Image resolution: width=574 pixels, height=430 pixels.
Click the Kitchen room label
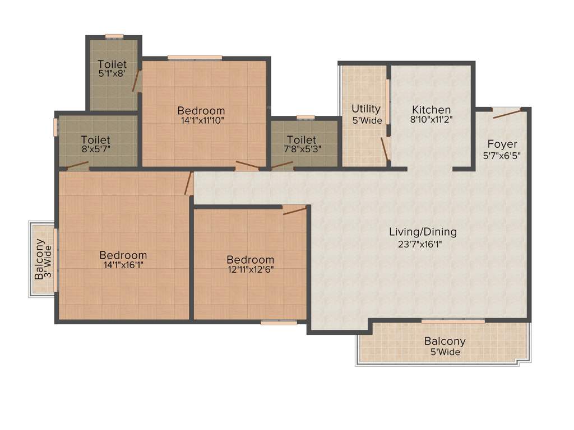[x=431, y=110]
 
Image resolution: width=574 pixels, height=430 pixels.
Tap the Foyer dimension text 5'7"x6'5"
[x=502, y=156]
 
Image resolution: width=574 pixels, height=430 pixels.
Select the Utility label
[x=366, y=109]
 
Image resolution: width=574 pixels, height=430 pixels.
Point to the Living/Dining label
[x=423, y=231]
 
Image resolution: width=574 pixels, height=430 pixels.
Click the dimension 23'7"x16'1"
[x=423, y=244]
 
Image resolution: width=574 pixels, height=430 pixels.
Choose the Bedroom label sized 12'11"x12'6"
[x=251, y=260]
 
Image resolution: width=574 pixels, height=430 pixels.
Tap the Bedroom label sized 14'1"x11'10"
[x=201, y=110]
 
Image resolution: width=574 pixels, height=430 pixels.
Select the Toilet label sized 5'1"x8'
[x=112, y=64]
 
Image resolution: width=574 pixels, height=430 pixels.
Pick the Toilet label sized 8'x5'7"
[x=95, y=139]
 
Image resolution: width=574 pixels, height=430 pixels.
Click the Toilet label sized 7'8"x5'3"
[x=302, y=139]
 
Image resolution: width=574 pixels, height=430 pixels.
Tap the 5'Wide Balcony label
[x=445, y=341]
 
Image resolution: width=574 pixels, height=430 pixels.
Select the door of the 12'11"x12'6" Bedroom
[x=295, y=211]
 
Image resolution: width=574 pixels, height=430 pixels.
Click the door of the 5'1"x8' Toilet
[x=136, y=81]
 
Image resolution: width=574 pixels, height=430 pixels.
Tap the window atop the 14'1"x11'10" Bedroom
[x=195, y=57]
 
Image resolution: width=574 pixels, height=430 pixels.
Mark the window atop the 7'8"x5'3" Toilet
[x=305, y=118]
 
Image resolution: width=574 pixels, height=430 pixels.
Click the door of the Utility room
[x=385, y=148]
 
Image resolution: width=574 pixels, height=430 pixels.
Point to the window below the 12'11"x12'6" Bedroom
[x=279, y=322]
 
